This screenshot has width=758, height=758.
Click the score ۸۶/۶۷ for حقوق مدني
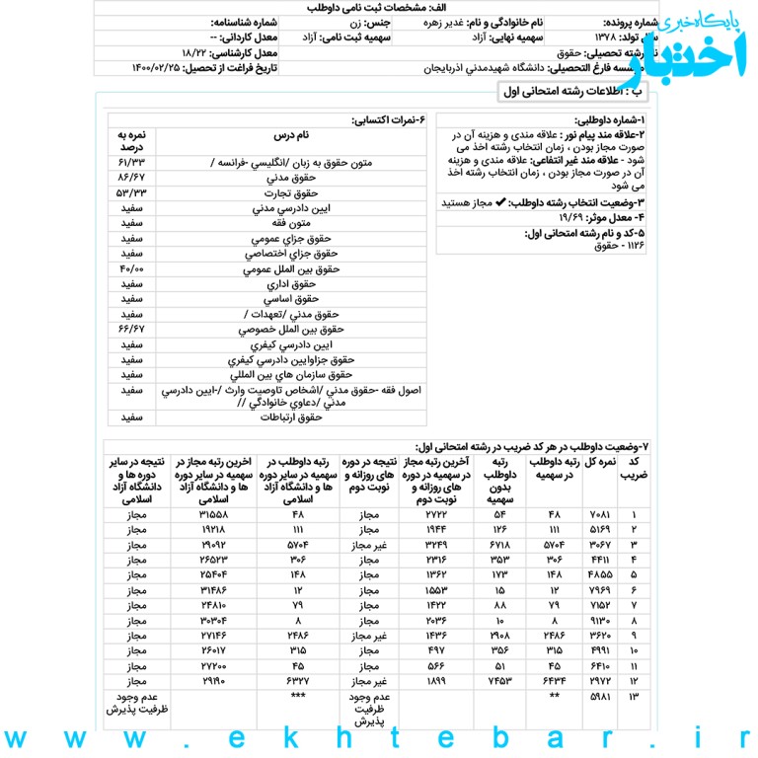click(x=130, y=177)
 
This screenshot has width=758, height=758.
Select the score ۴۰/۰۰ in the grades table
click(x=130, y=267)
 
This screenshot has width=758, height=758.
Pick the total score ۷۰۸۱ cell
click(x=601, y=514)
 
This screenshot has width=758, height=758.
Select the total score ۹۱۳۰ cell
click(x=601, y=620)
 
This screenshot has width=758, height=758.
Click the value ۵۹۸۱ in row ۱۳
click(x=601, y=697)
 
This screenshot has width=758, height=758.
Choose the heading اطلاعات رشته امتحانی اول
click(x=571, y=91)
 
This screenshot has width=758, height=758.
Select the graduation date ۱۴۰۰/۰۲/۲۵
click(x=157, y=67)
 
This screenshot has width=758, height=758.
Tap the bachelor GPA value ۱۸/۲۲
click(x=198, y=50)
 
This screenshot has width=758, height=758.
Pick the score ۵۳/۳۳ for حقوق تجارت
click(x=130, y=191)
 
